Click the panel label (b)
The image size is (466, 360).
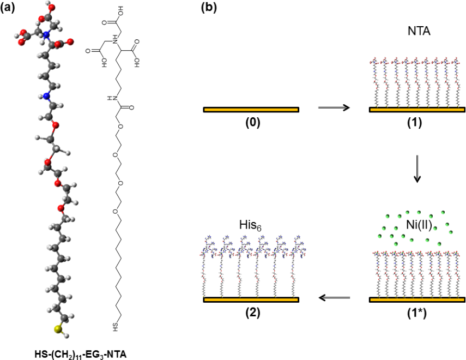pos(210,8)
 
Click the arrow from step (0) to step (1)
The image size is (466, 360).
pos(334,108)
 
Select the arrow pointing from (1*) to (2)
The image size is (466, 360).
pos(334,298)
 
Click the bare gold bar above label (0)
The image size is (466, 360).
pos(251,110)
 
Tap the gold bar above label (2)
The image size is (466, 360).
pos(251,299)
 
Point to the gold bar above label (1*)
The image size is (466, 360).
pos(417,299)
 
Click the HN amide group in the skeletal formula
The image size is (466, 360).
pos(112,99)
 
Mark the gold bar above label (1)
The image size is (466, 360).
pos(417,110)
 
